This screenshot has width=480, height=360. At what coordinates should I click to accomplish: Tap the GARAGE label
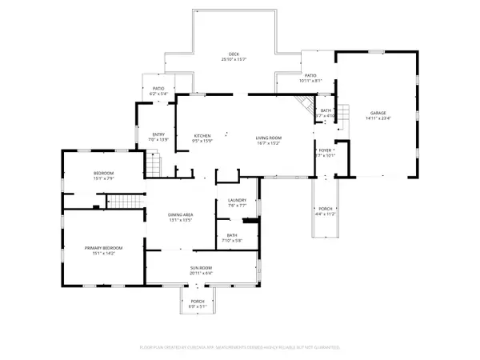[x=379, y=113]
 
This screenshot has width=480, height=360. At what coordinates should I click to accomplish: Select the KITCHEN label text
[x=202, y=136]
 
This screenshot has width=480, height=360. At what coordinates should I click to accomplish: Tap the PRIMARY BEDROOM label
[x=102, y=248]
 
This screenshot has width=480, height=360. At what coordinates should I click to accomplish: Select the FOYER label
[x=326, y=150]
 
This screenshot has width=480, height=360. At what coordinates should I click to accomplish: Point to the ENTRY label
[x=158, y=134]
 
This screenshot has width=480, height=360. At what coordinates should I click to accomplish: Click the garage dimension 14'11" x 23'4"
[x=379, y=118]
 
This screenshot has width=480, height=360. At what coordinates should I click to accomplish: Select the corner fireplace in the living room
[x=302, y=103]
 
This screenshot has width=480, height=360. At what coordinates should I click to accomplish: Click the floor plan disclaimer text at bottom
[x=239, y=348]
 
